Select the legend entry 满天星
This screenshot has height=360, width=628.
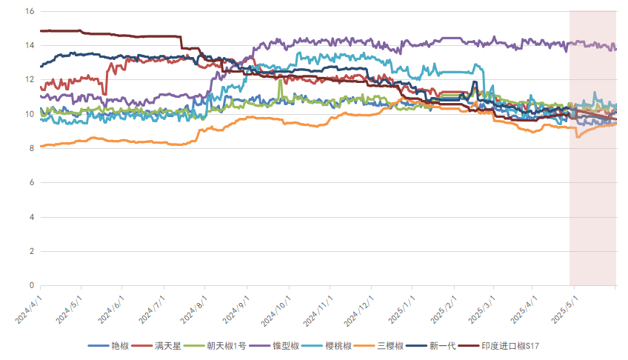[x=167, y=346]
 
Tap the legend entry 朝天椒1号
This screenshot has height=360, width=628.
[x=223, y=346]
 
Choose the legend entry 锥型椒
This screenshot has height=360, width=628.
[x=284, y=346]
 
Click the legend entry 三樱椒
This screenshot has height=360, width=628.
[x=389, y=346]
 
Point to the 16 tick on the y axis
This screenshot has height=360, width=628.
[x=30, y=11]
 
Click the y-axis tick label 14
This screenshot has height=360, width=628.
[x=30, y=45]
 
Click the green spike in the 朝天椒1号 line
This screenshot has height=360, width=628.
[x=280, y=81]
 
